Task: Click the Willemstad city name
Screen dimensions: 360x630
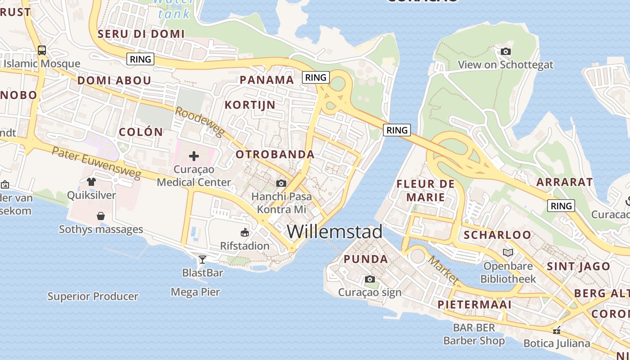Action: point(335,231)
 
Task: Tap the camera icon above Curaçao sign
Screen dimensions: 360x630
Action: point(370,279)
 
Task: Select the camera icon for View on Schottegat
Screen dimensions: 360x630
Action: point(506,52)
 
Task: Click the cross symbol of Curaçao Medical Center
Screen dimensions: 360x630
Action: point(194,156)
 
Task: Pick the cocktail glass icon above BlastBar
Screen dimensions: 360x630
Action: point(202,259)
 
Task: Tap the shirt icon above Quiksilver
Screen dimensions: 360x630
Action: point(91,182)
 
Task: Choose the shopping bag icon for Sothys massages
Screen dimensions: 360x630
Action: point(101,216)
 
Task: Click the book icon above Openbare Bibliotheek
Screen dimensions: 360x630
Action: point(508,253)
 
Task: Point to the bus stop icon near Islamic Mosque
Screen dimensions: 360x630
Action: point(42,50)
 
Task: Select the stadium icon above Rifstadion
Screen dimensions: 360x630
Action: point(245,233)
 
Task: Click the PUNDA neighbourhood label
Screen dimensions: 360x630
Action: point(366,259)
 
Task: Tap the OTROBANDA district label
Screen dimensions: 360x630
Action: point(275,154)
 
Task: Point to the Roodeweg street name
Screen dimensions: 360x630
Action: point(199,121)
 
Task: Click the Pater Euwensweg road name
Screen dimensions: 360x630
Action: point(96,162)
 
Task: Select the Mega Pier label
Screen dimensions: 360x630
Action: point(195,292)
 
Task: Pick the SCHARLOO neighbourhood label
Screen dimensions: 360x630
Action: point(497,235)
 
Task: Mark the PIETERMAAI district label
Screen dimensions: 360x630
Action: point(474,305)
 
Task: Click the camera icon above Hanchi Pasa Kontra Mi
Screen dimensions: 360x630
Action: point(281,183)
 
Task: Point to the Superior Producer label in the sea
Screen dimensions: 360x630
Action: point(93,297)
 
